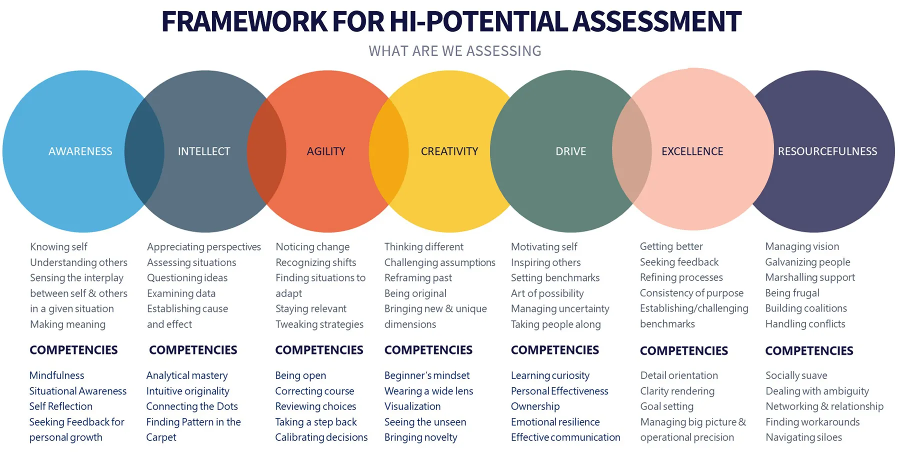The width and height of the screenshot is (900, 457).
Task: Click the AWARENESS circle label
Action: [x=80, y=151]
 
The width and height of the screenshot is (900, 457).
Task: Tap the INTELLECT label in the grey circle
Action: [x=204, y=151]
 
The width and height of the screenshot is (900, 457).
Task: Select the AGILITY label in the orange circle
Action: [x=326, y=151]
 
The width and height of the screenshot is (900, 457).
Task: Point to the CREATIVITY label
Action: [x=449, y=151]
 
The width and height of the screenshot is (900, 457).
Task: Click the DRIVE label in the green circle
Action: [x=570, y=151]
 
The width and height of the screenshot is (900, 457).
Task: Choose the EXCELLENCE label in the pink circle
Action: [x=692, y=151]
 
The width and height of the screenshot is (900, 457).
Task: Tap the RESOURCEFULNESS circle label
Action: [x=827, y=151]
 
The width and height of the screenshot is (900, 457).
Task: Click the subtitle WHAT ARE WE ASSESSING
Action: [x=455, y=51]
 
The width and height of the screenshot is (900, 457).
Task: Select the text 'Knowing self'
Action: [x=58, y=246]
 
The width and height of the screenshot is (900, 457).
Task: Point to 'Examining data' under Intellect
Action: [x=181, y=293]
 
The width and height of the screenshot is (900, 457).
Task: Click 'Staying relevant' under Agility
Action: [x=311, y=308]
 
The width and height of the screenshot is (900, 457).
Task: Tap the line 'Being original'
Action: [x=415, y=293]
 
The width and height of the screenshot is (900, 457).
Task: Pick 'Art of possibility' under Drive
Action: [x=547, y=293]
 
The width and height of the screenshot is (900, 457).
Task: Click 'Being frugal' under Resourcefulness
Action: [x=792, y=293]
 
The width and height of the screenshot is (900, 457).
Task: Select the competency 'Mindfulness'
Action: [x=56, y=375]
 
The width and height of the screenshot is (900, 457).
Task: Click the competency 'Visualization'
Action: [x=412, y=406]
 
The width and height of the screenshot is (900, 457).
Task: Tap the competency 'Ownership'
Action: [x=535, y=406]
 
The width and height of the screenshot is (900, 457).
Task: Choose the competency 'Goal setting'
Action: [x=667, y=406]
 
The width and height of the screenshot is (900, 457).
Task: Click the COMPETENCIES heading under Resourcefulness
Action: [x=809, y=351]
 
